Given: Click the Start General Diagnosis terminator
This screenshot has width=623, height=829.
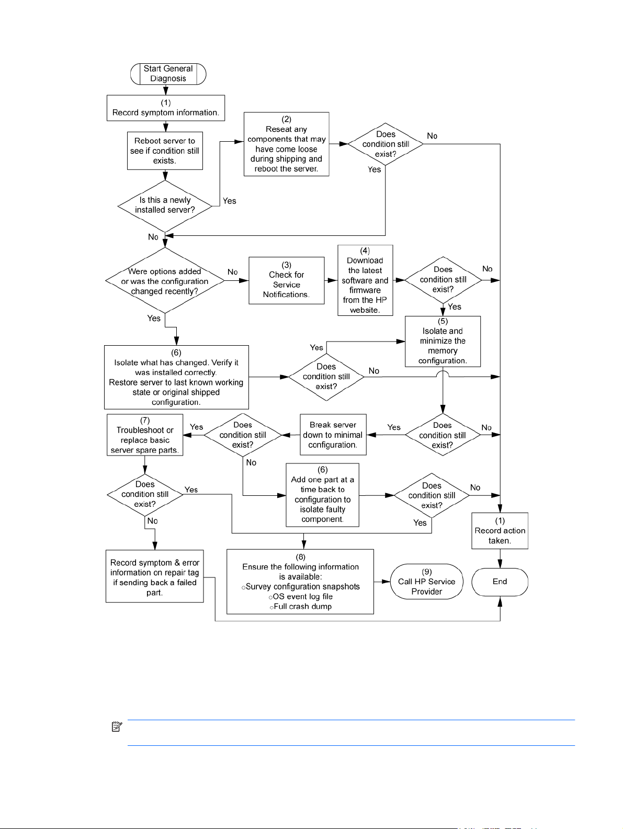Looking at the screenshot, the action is click(168, 74).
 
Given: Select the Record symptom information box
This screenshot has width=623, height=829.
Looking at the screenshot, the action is click(166, 108).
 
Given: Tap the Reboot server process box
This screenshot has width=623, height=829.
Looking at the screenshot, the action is click(165, 151).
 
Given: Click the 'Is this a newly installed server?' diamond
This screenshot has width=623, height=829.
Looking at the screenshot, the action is click(165, 206).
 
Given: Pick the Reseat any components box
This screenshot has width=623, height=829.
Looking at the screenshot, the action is click(286, 144).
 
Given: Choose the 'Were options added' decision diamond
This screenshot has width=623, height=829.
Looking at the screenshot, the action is click(165, 281).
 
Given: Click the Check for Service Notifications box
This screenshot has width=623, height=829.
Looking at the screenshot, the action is click(286, 281).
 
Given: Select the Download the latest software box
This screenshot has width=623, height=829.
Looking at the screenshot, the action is click(365, 280).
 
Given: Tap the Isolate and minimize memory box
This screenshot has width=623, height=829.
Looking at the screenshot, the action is click(443, 342).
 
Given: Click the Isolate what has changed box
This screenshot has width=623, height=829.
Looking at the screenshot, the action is click(176, 377).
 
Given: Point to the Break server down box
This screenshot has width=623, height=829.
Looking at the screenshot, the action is click(333, 435).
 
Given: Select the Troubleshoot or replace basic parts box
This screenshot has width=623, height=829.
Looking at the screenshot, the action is click(145, 435).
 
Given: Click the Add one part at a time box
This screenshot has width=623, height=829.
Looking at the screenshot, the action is click(322, 495).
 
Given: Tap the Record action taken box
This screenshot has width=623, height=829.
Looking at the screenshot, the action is click(500, 531).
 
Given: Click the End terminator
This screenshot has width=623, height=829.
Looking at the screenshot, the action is click(500, 582).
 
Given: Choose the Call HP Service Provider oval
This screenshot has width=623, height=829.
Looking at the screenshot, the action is click(427, 582).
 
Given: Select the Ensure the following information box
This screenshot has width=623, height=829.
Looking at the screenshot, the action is click(300, 582).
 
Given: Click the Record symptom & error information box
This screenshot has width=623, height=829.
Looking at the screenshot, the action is click(155, 576).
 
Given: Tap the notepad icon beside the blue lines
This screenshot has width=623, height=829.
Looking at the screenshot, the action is click(117, 726).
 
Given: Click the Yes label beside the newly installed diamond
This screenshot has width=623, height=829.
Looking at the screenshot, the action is click(229, 201).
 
